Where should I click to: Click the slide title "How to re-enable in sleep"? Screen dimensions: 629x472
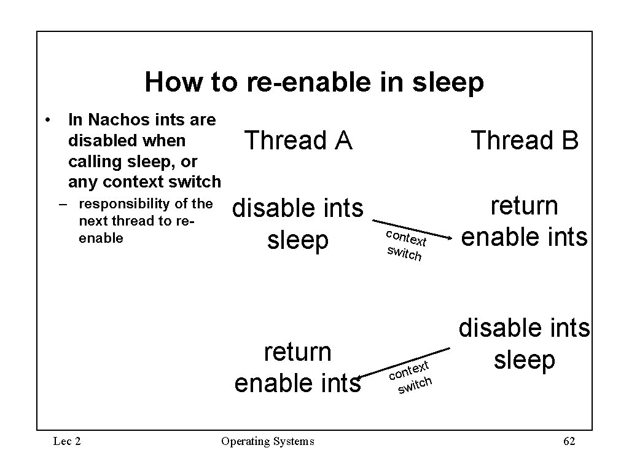point(314,82)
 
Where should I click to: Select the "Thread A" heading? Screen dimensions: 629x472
point(298,141)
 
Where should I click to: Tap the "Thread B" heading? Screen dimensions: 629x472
point(525,141)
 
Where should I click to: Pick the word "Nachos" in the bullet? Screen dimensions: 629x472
point(117,119)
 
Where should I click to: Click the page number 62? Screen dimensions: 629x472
point(569,441)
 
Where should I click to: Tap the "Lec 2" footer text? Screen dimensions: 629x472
point(67,441)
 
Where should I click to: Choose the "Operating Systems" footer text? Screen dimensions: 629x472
point(267,441)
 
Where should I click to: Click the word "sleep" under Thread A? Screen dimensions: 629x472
point(298,240)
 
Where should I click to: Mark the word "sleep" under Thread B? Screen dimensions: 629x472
point(525,360)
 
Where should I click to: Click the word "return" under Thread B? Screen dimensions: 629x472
point(525,205)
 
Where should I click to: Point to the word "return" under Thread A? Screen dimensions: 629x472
point(298,352)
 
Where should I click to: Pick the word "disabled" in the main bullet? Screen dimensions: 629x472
point(101,141)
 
